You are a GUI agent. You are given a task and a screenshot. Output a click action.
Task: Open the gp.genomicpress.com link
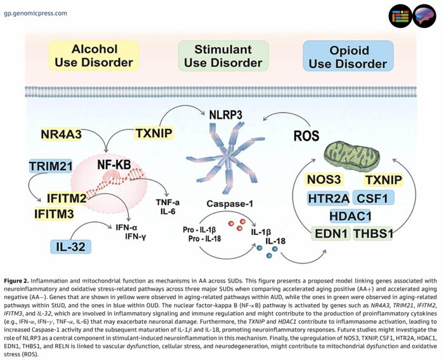coord(36,13)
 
